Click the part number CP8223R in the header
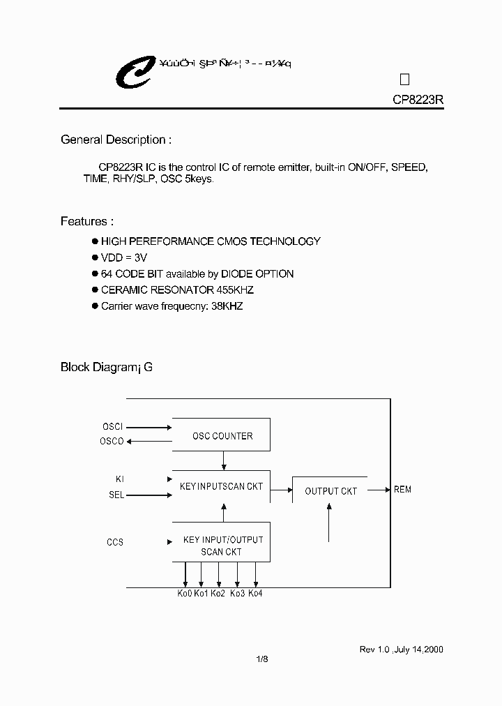click(x=418, y=100)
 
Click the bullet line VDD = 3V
click(x=124, y=257)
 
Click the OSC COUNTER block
click(x=222, y=436)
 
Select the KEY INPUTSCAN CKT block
click(x=221, y=487)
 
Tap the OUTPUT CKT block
click(x=331, y=491)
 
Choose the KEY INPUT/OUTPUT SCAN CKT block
click(x=222, y=546)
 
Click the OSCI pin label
click(x=112, y=426)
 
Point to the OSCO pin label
click(x=112, y=441)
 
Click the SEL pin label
click(x=116, y=495)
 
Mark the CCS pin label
click(x=115, y=542)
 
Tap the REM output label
click(x=402, y=490)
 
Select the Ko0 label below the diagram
click(x=184, y=593)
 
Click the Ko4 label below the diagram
click(x=255, y=593)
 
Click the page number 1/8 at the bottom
click(x=262, y=659)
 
